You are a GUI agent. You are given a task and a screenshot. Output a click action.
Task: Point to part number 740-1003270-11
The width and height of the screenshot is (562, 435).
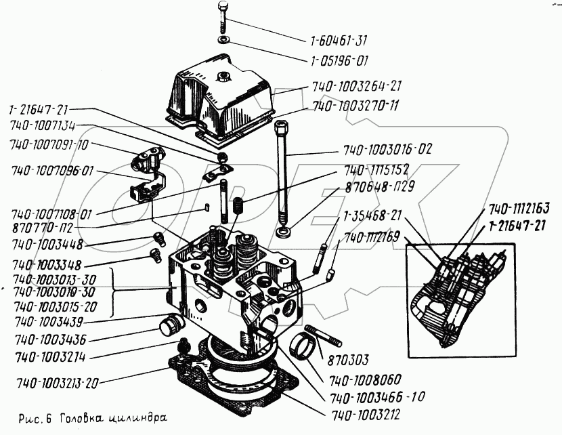pyautogui.click(x=355, y=106)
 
